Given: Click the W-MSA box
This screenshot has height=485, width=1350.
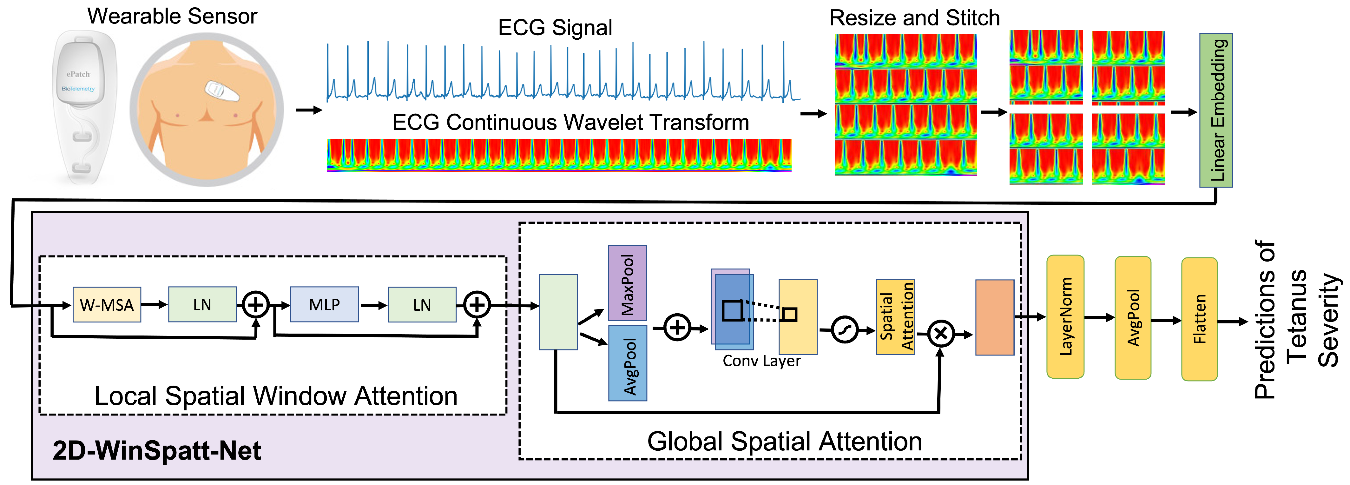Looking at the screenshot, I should click(x=106, y=305).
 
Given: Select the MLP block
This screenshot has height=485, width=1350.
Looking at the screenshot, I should click(x=324, y=305).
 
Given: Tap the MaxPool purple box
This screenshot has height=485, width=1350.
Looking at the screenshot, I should click(x=627, y=283).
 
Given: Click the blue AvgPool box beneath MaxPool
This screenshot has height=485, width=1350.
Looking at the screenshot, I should click(x=627, y=363).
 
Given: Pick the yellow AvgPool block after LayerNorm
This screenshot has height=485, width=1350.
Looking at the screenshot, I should click(x=1133, y=318).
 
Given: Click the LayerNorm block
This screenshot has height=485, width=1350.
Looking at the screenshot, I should click(x=1065, y=317).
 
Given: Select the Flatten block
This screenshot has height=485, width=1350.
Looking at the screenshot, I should click(x=1199, y=319).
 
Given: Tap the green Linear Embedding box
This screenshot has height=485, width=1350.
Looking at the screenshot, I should click(x=1216, y=110).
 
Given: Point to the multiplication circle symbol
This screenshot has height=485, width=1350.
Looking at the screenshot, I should click(x=941, y=334).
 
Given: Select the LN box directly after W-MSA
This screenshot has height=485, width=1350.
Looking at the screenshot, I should click(x=202, y=305).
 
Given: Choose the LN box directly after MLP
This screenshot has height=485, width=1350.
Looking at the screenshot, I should click(x=422, y=305).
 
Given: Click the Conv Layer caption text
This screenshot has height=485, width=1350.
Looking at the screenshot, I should click(x=761, y=361).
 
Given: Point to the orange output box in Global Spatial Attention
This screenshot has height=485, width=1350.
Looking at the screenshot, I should click(x=994, y=317).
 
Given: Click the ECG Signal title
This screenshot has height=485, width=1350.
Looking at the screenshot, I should click(x=555, y=28).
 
